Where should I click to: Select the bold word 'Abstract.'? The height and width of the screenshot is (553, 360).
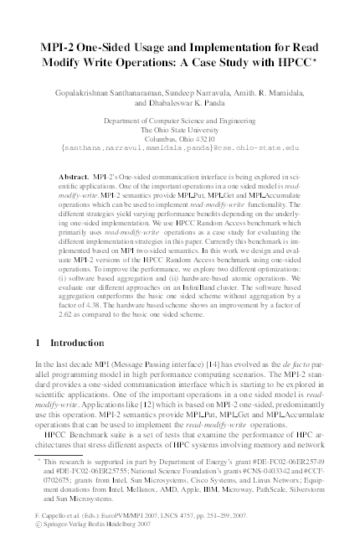pos(76,178)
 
